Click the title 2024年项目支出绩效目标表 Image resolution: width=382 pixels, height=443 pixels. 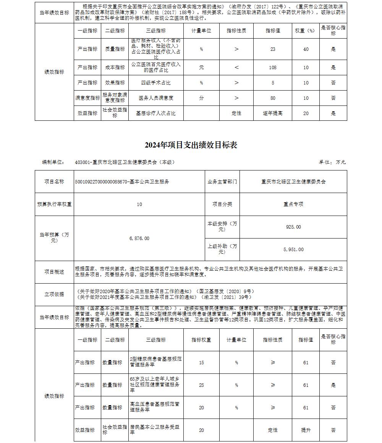191,145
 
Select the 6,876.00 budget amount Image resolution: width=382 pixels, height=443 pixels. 139,239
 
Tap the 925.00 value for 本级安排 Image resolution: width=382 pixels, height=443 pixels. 293,227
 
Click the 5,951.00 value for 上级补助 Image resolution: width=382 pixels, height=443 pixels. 293,250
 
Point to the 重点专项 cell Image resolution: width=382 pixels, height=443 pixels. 293,204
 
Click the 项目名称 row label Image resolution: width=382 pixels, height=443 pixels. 54,182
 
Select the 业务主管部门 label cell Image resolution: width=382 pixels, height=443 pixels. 222,182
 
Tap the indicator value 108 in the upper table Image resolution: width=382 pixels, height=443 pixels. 273,67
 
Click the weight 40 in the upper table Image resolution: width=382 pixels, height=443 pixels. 306,49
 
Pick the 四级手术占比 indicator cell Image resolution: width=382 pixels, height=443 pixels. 156,83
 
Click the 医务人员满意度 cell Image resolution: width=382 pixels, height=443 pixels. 156,98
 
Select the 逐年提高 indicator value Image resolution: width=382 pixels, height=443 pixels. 273,113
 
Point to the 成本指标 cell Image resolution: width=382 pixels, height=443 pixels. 115,67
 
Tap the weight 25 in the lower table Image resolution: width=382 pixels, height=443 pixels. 201,385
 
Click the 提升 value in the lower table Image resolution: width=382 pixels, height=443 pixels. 306,430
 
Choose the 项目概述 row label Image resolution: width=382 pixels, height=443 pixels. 54,272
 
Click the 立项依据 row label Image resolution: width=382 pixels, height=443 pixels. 54,294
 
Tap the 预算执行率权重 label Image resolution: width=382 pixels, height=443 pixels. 54,204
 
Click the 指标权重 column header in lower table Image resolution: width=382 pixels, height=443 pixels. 201,340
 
